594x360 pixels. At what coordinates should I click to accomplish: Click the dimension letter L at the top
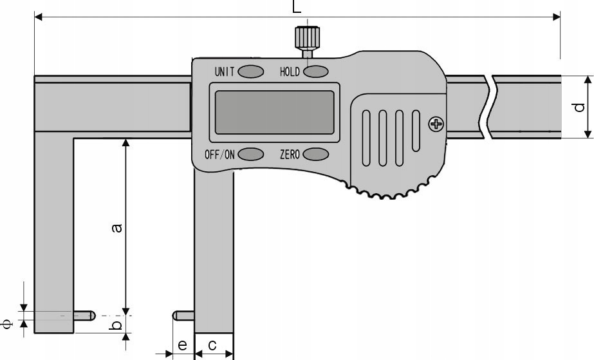click(x=296, y=6)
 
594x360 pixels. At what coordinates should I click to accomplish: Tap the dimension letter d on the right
click(x=579, y=106)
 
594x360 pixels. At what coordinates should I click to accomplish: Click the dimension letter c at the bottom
click(x=212, y=346)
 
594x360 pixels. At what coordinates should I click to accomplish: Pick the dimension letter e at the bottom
click(x=182, y=346)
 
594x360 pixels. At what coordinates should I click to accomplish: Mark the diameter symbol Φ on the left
click(x=8, y=324)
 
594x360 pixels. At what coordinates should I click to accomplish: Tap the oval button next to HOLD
click(x=316, y=71)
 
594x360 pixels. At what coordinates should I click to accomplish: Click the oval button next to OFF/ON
click(x=251, y=154)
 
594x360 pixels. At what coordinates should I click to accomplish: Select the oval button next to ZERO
click(x=316, y=154)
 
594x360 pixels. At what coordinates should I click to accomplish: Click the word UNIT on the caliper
click(x=225, y=71)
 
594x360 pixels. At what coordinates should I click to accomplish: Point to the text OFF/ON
click(x=220, y=155)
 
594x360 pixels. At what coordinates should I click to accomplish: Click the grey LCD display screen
click(x=275, y=112)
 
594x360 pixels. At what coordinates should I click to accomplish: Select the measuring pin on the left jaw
click(x=84, y=316)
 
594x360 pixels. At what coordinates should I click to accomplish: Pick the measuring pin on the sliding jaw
click(x=183, y=316)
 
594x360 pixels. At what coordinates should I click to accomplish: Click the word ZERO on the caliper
click(x=290, y=155)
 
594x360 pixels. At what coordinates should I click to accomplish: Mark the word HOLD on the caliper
click(x=290, y=71)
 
